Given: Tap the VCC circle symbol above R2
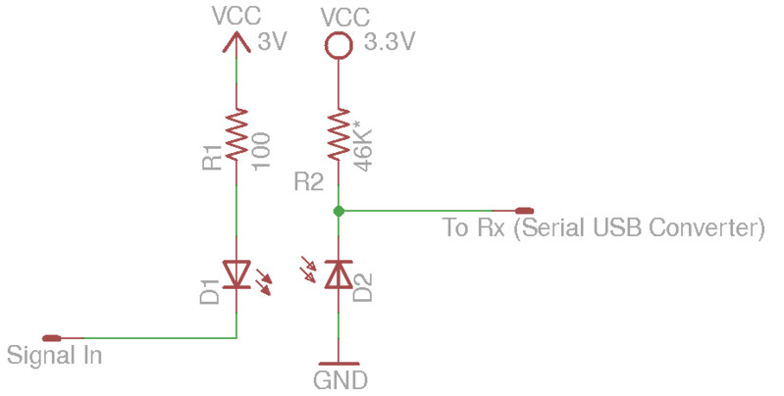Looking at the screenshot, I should coord(338,44).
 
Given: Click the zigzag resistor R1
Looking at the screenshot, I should coord(236,136).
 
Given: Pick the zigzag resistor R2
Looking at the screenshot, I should coord(338,136).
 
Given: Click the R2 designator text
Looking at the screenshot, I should coord(308,181).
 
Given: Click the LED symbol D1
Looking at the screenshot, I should coord(237,274).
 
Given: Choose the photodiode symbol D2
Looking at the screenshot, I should coord(338,274).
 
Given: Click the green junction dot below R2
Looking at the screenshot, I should coord(338,211).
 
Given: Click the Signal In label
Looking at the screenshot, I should coord(54,355).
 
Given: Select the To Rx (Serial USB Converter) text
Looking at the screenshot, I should coord(602,229).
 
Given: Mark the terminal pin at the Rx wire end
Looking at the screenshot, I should coord(524,211).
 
